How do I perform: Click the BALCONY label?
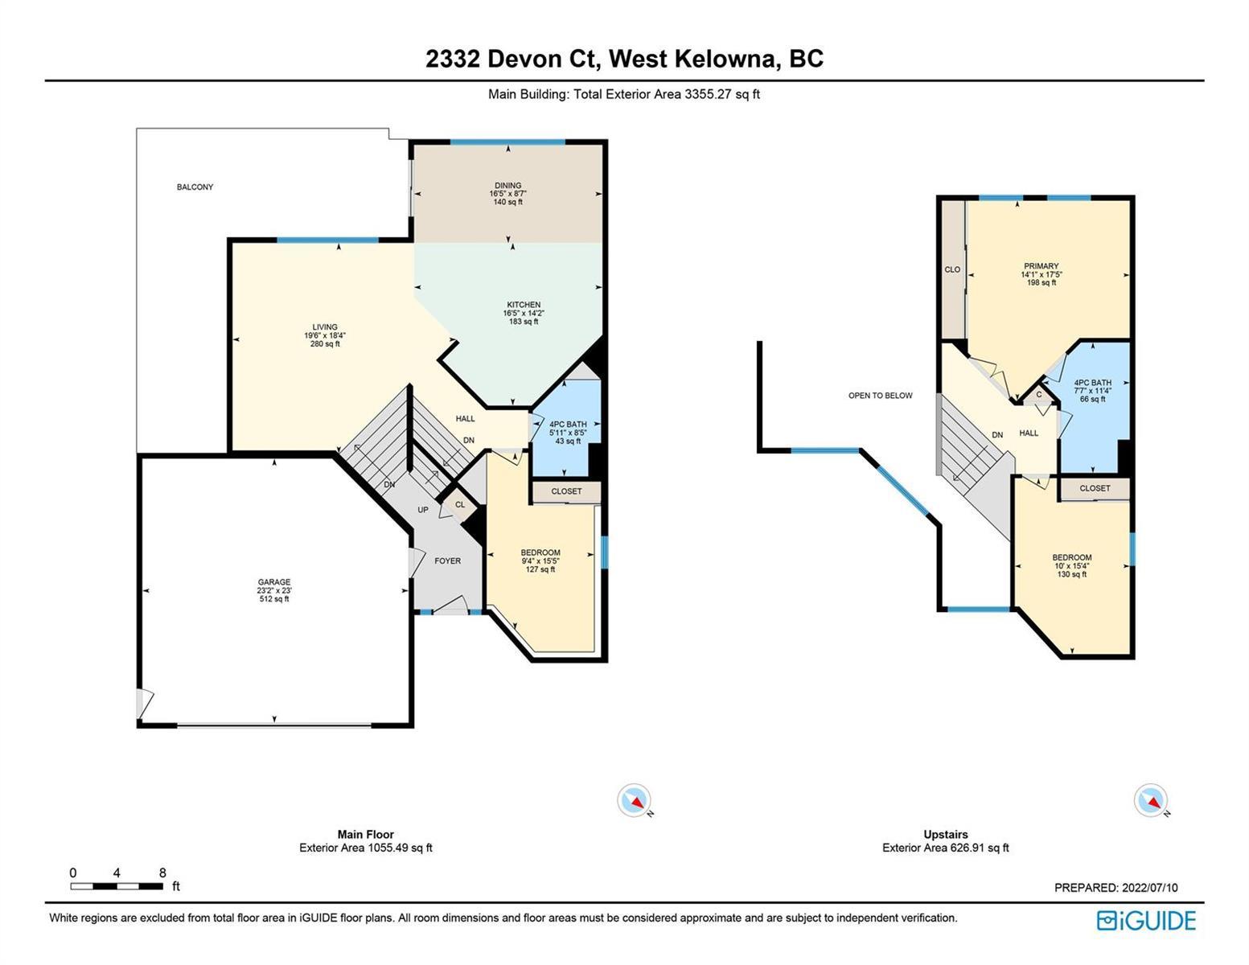pos(195,187)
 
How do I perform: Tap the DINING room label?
pos(508,186)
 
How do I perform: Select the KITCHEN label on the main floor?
pos(524,305)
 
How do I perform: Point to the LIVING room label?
pos(325,327)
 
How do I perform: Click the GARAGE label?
pos(274,582)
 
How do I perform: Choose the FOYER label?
pos(448,561)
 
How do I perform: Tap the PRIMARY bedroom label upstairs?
pos(1042,266)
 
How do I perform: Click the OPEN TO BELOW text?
pos(881,396)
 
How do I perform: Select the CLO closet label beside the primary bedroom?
pos(952,269)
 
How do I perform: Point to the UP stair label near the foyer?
pos(423,510)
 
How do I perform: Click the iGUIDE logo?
pos(1147,920)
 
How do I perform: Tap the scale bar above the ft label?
pos(117,886)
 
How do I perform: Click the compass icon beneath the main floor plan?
pos(634,799)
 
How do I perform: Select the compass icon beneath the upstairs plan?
pos(1151,799)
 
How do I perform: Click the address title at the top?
pos(624,59)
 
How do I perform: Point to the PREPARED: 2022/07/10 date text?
pos(1116,888)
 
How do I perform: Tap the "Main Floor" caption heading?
pos(366,835)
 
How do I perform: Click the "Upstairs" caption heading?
pos(946,835)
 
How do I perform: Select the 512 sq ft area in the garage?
pos(274,599)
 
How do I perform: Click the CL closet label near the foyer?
pos(460,505)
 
